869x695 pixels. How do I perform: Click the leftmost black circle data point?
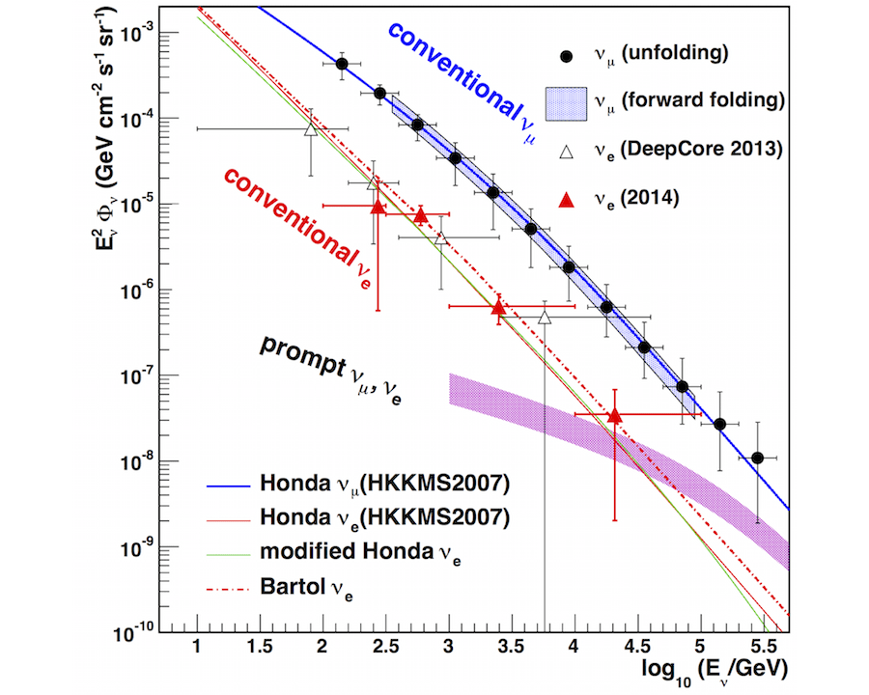click(x=342, y=64)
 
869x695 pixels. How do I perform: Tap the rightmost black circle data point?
click(x=758, y=458)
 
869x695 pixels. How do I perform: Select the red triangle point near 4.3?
click(x=615, y=415)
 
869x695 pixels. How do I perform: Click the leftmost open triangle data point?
click(x=310, y=129)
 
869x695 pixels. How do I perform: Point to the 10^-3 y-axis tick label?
click(x=142, y=34)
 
